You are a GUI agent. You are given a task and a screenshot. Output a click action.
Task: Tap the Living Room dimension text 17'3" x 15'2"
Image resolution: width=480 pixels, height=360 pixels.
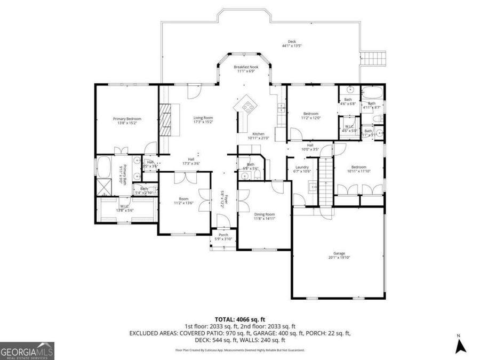point(203,122)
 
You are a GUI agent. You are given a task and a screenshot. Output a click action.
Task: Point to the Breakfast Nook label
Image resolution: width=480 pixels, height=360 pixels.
point(245,67)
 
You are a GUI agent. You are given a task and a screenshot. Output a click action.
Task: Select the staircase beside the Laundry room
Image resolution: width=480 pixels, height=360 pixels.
point(325,184)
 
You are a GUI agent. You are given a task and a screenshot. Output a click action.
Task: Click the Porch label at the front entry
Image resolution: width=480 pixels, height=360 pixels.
point(223,235)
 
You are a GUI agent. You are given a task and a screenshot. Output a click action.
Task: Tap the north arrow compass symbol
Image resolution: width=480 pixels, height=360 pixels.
point(461,346)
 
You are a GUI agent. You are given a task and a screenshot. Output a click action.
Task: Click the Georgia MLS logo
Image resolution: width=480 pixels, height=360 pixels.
point(27,351)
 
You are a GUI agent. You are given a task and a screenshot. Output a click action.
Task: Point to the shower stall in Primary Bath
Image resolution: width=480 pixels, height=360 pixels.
point(101,188)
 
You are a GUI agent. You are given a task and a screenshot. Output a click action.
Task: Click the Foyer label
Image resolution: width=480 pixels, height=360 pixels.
point(225,202)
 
